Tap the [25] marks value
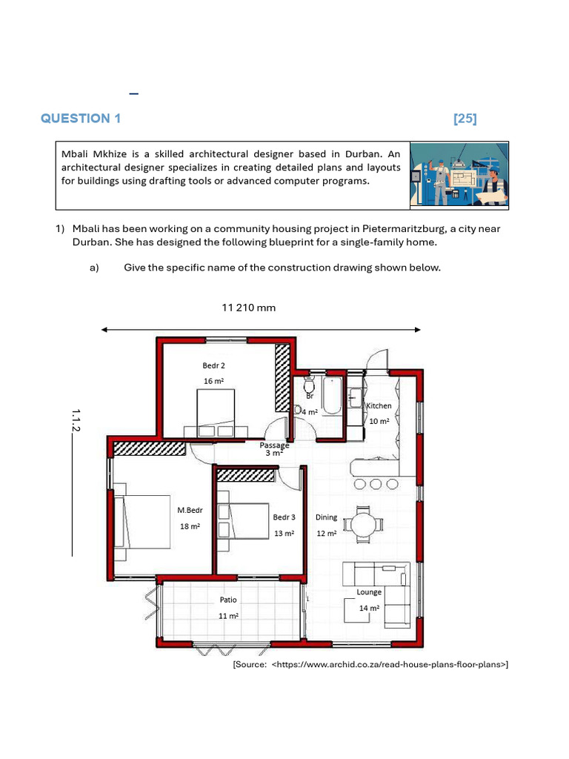click(465, 119)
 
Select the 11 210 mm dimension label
click(249, 308)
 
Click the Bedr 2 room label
click(213, 365)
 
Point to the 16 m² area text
click(213, 381)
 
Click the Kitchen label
click(379, 406)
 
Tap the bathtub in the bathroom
click(331, 396)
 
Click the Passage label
click(274, 445)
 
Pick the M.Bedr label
click(190, 510)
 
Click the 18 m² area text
click(190, 526)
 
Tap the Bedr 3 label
click(284, 517)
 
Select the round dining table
click(363, 525)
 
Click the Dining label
click(326, 517)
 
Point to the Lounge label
click(369, 592)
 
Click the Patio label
click(227, 600)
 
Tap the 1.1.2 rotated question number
click(76, 420)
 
